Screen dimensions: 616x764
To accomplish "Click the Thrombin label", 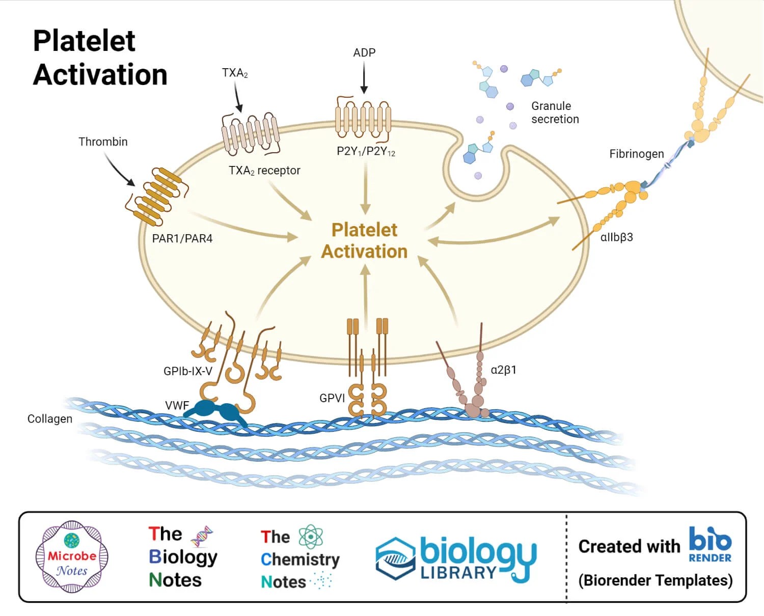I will point(103,142).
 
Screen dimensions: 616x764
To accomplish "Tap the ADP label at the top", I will point(364,52).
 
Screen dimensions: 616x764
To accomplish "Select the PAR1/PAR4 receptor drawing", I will point(156,196).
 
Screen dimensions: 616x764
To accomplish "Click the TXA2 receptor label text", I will point(264,171).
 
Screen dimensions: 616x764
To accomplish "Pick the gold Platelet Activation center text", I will point(364,241).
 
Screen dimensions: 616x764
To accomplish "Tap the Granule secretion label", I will point(555,113).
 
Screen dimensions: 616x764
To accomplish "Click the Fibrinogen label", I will point(636,154).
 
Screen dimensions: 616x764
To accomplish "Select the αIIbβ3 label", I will point(616,237).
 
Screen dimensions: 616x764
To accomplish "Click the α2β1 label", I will point(503,370).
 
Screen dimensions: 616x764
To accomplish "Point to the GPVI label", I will point(332,398).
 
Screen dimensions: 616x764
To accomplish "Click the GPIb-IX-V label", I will point(187,371).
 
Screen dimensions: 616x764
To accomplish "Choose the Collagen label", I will point(50,419).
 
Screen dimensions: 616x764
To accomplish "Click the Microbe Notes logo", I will point(72,556).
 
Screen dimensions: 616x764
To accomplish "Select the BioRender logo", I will point(710,545).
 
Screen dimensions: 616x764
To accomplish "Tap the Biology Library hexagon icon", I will point(395,558).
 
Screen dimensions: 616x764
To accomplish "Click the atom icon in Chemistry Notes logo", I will point(311,537).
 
